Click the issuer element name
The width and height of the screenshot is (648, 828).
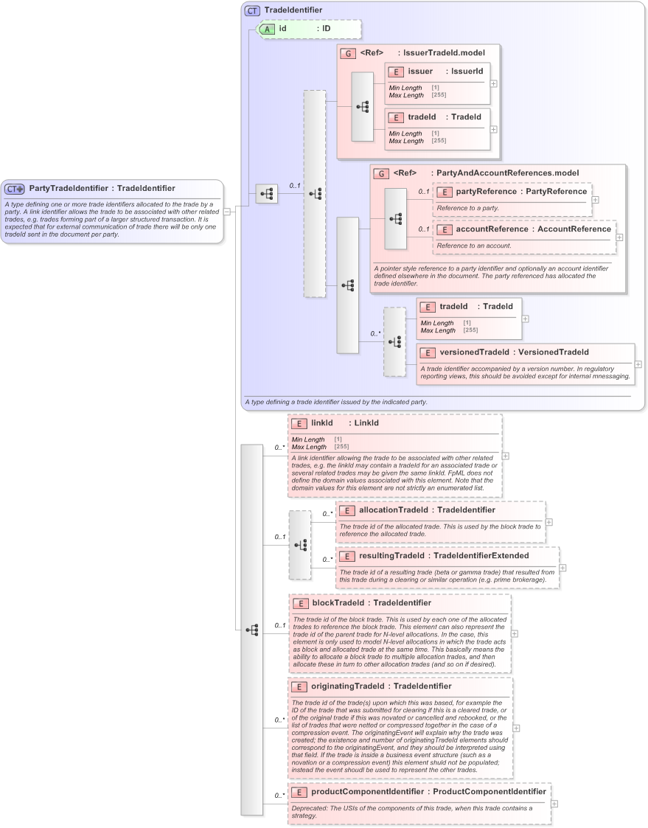(420, 72)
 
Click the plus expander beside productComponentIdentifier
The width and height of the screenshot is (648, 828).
(554, 804)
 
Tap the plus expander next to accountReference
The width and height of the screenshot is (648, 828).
(619, 237)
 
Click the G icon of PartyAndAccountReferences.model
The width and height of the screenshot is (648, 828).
(381, 173)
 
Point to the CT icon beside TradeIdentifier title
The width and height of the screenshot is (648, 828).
(252, 10)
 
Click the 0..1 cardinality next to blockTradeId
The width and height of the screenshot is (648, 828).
(280, 625)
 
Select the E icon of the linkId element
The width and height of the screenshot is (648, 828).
(299, 424)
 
